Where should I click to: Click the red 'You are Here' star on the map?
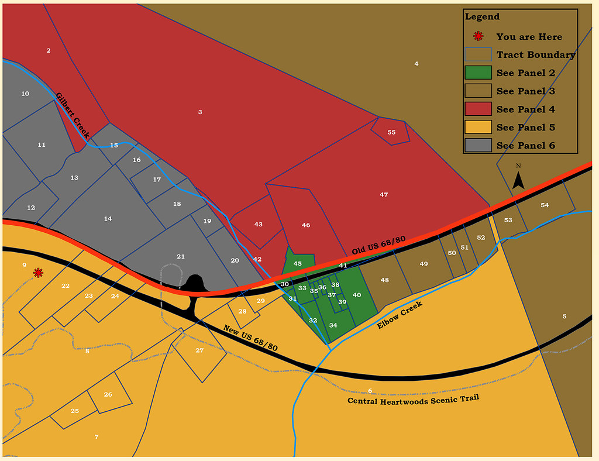[38, 273]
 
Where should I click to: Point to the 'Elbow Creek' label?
[400, 315]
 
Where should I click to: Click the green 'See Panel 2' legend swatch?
[478, 73]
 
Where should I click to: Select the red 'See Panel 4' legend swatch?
[478, 109]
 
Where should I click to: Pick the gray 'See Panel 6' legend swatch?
[478, 146]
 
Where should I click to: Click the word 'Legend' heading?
[482, 17]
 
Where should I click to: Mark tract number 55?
[391, 132]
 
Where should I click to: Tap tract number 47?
[384, 194]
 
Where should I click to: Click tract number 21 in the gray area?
[181, 257]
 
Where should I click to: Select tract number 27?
[199, 350]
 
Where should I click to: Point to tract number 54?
[545, 205]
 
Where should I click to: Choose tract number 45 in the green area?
[298, 264]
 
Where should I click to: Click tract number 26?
[108, 394]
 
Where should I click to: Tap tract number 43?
[259, 224]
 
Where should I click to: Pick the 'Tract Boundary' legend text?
[536, 55]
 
